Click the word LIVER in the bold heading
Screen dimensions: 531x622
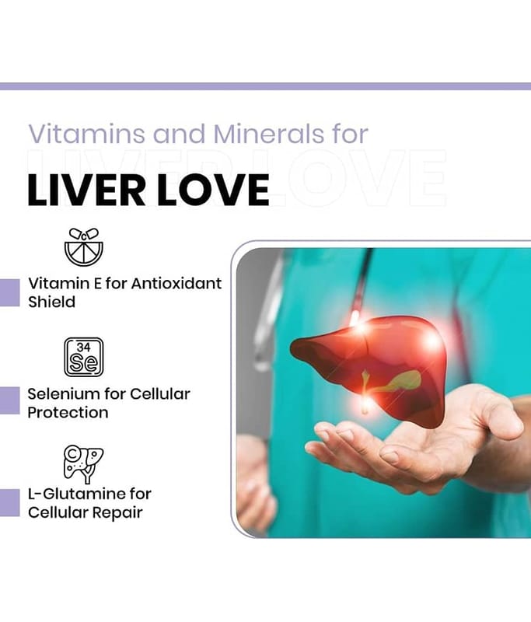point(86,190)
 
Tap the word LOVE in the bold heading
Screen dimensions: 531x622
point(214,190)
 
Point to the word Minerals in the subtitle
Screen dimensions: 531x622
point(269,134)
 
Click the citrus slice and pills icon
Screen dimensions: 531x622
point(84,246)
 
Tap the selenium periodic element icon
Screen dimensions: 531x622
point(84,357)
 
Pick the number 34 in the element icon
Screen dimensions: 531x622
point(83,348)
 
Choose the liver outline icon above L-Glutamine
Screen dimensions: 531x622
point(83,463)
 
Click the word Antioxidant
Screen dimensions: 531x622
point(176,283)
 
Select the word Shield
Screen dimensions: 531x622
point(51,302)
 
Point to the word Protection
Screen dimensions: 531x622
point(68,413)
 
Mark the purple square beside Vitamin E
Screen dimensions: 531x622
point(9,293)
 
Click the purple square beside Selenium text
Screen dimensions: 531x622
point(9,400)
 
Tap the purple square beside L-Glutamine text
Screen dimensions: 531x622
point(9,503)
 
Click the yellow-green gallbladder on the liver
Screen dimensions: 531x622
point(402,382)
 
